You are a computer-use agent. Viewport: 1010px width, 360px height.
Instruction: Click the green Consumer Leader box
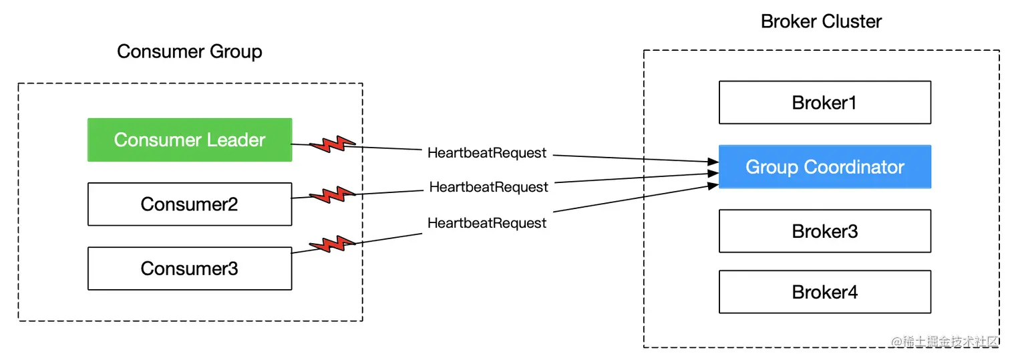pos(190,140)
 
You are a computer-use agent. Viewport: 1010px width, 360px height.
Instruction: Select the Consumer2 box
pos(190,204)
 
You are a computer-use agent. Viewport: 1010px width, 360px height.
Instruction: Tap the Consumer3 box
pos(190,268)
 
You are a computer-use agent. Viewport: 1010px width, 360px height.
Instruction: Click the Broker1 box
pos(824,103)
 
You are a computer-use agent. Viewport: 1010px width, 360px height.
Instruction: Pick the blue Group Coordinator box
pos(824,167)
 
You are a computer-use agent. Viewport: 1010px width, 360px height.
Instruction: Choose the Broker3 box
pos(824,231)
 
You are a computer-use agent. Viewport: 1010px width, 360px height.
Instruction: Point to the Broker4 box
pos(824,292)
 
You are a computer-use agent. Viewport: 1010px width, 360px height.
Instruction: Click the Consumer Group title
pos(189,51)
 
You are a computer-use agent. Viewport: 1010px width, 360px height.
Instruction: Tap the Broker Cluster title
pos(821,21)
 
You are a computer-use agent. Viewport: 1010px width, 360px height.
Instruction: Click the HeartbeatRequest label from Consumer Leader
pos(487,153)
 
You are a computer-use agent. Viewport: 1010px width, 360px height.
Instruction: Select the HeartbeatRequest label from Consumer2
pos(488,187)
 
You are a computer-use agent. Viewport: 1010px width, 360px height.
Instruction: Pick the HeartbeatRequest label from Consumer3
pos(487,223)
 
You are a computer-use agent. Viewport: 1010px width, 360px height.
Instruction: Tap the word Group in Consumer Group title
pos(235,51)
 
